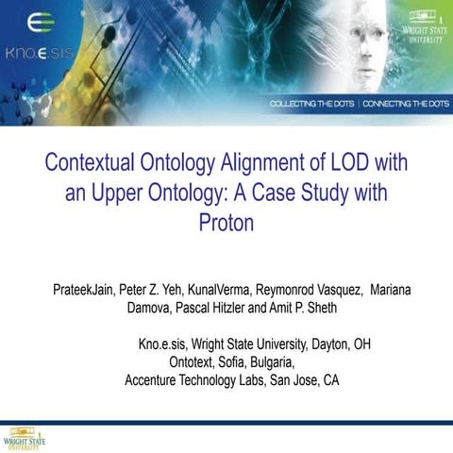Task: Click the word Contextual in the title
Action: (x=95, y=162)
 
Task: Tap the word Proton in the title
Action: (x=226, y=224)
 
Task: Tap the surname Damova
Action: (x=149, y=307)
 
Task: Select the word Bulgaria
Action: (x=271, y=362)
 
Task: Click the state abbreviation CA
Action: (x=330, y=380)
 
